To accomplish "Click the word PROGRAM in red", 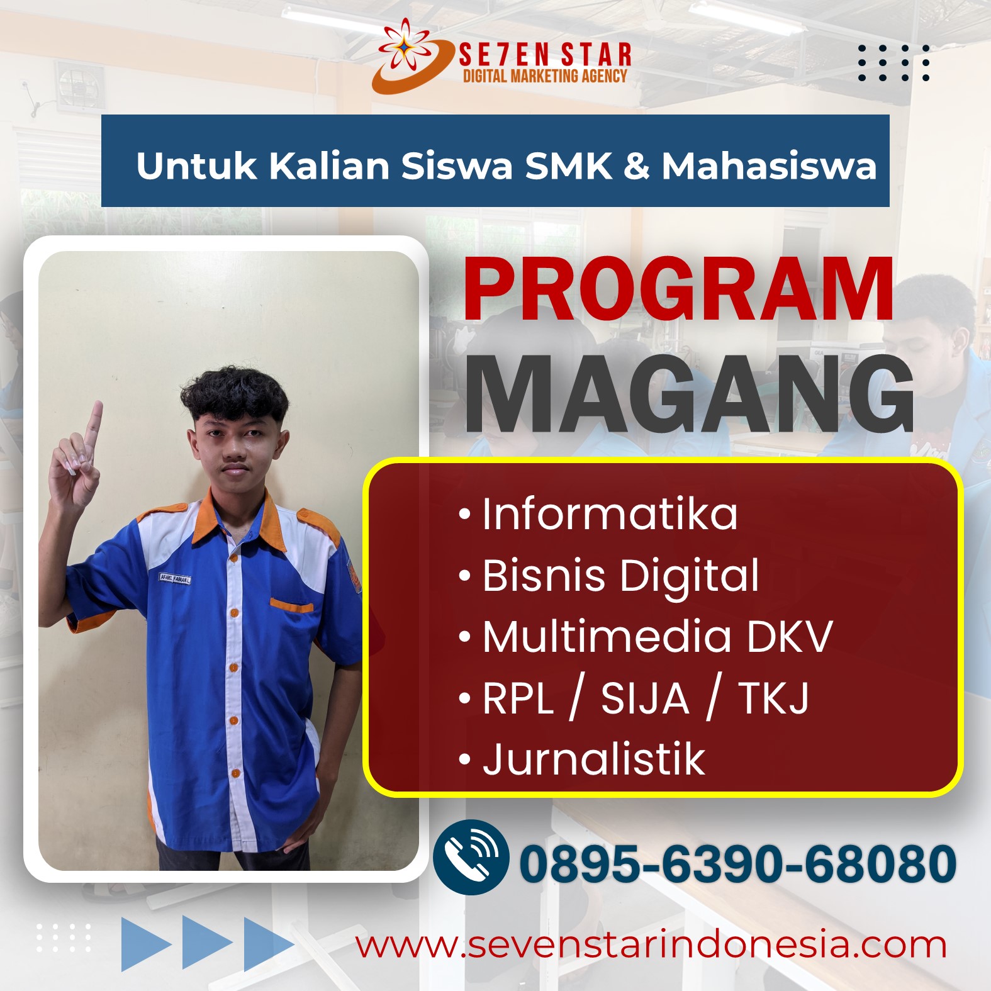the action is coord(678,289).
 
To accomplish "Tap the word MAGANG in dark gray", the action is coord(689,394).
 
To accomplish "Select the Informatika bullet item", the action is coord(598,514).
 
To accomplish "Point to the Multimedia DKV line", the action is coord(646,636).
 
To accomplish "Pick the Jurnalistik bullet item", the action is coord(582,759).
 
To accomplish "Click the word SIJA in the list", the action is coord(645,698).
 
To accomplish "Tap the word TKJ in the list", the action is coord(773,698).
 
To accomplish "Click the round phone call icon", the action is coord(471,857).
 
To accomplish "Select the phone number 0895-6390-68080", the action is coord(737,863).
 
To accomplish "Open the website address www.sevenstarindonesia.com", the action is coord(651,946).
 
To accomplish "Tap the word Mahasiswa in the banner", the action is coord(769,166).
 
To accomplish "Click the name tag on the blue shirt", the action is coord(175,578).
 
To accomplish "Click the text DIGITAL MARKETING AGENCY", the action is coord(545,76).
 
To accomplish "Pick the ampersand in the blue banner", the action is coord(637,166).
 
